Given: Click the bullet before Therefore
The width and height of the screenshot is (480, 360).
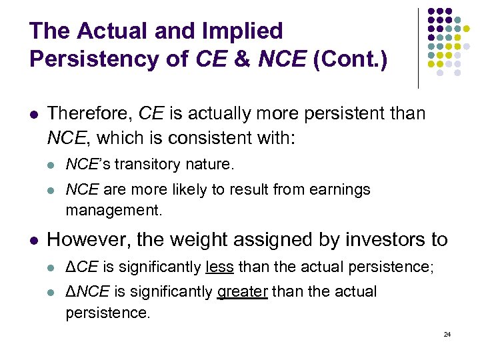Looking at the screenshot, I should point(34,114).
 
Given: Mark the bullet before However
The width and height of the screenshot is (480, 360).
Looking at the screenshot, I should point(34,239).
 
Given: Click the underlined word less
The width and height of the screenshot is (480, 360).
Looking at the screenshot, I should point(220,267).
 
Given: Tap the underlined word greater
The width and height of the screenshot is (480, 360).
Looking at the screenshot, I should point(242,292).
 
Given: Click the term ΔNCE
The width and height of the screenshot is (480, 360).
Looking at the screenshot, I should point(88,292).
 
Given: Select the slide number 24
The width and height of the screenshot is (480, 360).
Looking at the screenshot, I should point(447,333).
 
